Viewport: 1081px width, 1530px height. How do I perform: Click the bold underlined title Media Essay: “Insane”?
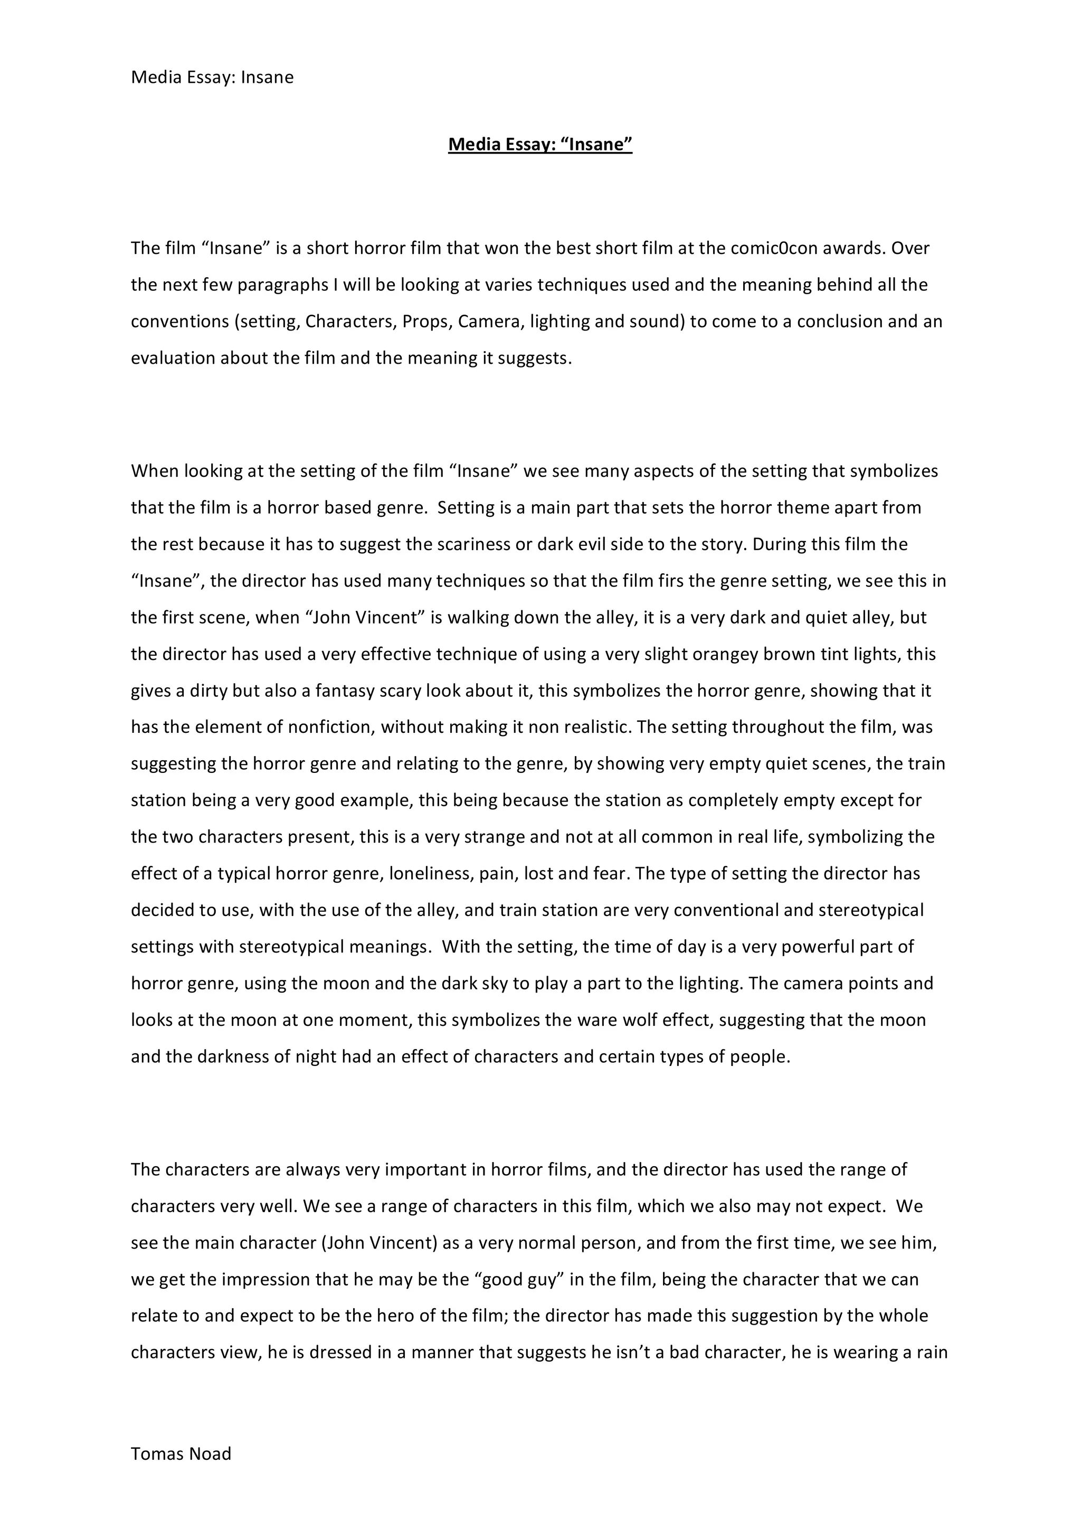(x=539, y=144)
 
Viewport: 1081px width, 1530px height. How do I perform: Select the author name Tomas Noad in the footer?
(x=181, y=1453)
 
